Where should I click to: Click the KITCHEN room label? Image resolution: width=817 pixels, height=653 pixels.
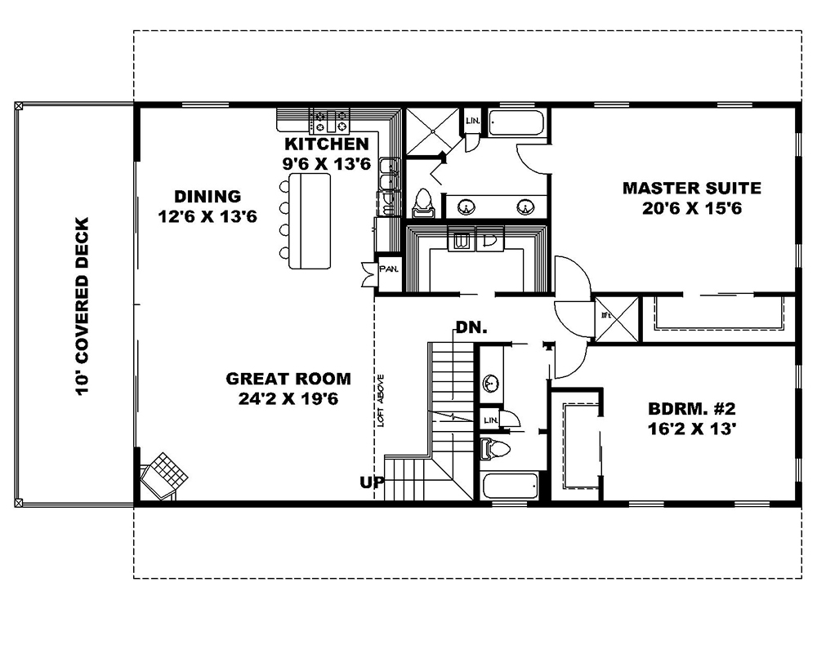point(327,144)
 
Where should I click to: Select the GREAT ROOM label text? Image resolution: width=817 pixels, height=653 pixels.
point(288,379)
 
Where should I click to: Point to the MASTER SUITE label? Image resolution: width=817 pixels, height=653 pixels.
point(691,189)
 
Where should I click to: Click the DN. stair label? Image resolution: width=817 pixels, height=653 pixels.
point(471,328)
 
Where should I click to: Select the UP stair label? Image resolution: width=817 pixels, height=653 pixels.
point(371,482)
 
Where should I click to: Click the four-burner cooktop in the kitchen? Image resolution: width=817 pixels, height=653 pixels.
point(329,122)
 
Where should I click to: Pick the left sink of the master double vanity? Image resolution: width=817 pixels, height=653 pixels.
point(467,207)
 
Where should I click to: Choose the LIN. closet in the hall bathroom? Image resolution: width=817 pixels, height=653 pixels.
point(491,420)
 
